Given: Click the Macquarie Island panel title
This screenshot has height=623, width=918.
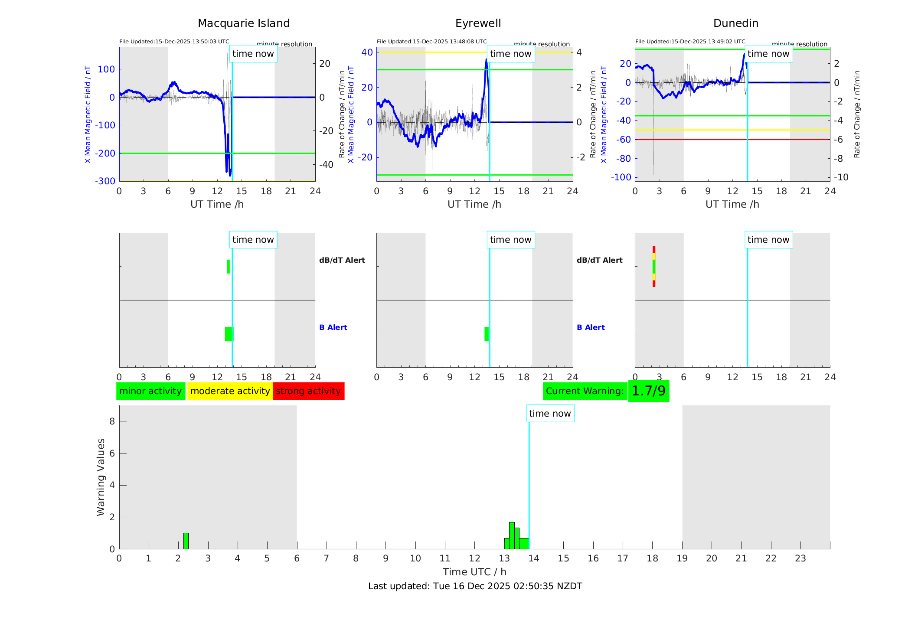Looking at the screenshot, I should [244, 23].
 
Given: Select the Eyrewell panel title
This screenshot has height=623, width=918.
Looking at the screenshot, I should [478, 23].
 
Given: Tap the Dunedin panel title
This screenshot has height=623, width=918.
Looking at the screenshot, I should [735, 23].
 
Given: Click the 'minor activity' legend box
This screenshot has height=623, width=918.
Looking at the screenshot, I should [150, 391].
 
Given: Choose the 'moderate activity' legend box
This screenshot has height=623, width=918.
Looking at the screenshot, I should [230, 391].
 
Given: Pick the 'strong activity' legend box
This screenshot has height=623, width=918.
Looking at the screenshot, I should [308, 391].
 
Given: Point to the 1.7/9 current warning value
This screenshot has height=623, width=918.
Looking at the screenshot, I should [648, 391].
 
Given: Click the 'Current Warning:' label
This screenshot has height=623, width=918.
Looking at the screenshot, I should [585, 391].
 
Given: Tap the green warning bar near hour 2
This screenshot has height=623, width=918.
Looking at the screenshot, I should [186, 541].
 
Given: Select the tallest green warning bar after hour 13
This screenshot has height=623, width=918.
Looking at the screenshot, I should [512, 536].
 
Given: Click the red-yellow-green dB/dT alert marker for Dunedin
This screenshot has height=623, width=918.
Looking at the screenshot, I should [654, 267].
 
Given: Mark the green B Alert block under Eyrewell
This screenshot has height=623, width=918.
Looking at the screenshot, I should [487, 334].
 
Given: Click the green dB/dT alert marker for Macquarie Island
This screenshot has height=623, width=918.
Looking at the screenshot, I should [229, 267].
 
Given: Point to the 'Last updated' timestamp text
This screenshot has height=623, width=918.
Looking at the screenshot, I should [475, 586].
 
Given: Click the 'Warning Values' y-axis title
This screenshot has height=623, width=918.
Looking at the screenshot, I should [101, 477].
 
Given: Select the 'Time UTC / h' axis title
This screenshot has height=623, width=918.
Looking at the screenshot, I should [474, 572].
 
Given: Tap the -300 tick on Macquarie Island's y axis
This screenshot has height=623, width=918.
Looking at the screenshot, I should [105, 181].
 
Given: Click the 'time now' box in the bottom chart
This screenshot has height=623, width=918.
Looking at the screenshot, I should [550, 414].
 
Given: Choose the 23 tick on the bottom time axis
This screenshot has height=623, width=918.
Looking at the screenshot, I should [800, 558].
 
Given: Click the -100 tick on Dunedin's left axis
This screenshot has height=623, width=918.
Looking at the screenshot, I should [621, 177].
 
